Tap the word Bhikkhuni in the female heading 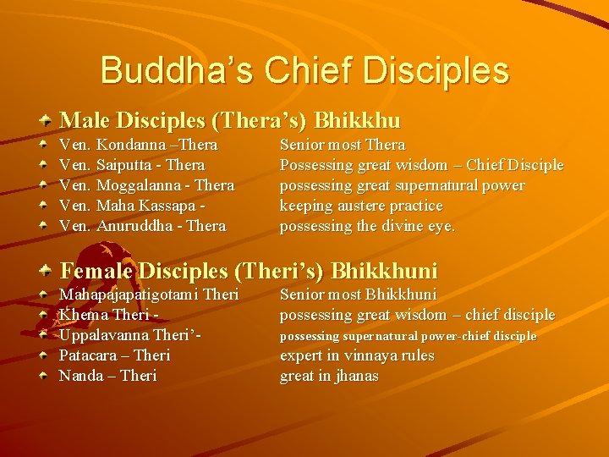point(385,271)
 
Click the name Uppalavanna point(107,335)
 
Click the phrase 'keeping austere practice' point(361,206)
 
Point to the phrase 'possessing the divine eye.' point(367,226)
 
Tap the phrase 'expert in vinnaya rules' point(356,355)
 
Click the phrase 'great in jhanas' point(329,376)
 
